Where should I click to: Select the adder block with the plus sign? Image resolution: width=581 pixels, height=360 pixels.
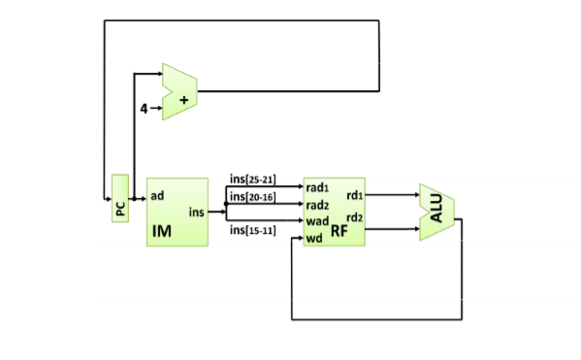tap(179, 92)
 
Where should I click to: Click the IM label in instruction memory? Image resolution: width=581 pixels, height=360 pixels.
tap(162, 230)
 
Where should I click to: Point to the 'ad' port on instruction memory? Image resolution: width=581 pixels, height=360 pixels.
tap(157, 195)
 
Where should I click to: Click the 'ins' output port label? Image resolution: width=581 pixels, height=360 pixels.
tap(196, 211)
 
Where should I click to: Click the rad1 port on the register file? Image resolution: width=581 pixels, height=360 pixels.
tap(317, 187)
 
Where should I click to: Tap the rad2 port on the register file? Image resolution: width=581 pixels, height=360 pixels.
tap(317, 205)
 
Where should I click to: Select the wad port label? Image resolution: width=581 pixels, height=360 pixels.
tap(316, 221)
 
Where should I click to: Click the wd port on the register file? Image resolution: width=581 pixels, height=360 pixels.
tap(313, 238)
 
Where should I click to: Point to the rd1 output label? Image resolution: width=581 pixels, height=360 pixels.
tap(354, 196)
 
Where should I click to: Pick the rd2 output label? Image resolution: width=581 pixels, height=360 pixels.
tap(354, 217)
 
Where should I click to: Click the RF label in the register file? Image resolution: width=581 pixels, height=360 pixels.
tap(339, 230)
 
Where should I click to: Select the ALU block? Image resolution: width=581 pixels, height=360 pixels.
tap(436, 212)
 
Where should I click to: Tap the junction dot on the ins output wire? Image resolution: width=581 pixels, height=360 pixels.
tap(226, 204)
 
